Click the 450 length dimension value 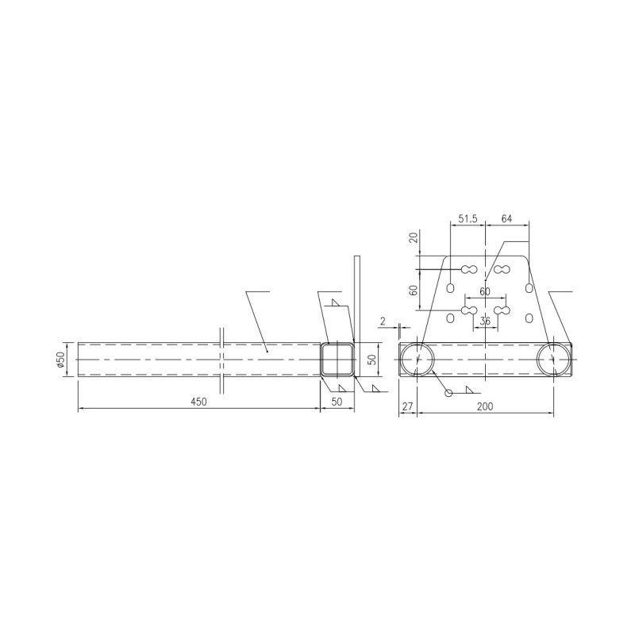[198, 402]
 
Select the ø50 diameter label [60, 360]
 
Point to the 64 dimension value [507, 218]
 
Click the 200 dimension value [485, 406]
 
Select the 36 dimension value [486, 321]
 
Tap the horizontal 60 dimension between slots [485, 292]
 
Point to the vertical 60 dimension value [414, 290]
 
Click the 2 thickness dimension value [383, 321]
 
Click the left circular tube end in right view [417, 360]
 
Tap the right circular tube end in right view [552, 360]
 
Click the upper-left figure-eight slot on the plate [468, 270]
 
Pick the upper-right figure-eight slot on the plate [501, 270]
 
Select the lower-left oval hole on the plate [451, 317]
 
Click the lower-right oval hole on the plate [529, 317]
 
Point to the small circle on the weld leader [448, 392]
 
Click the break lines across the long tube [223, 359]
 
